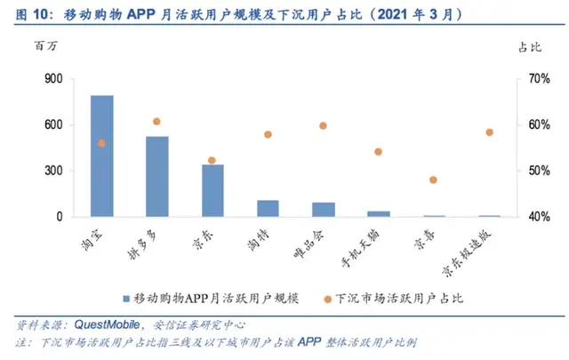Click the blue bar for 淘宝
coord(101,156)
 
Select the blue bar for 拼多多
coord(156,176)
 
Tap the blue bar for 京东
coord(212,190)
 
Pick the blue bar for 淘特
coord(268,208)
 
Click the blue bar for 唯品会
coord(323,209)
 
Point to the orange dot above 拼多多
coord(156,121)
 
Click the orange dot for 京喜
coord(433,180)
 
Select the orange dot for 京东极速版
coord(489,132)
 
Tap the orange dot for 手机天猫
coord(378,152)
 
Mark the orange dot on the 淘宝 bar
coord(101,143)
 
